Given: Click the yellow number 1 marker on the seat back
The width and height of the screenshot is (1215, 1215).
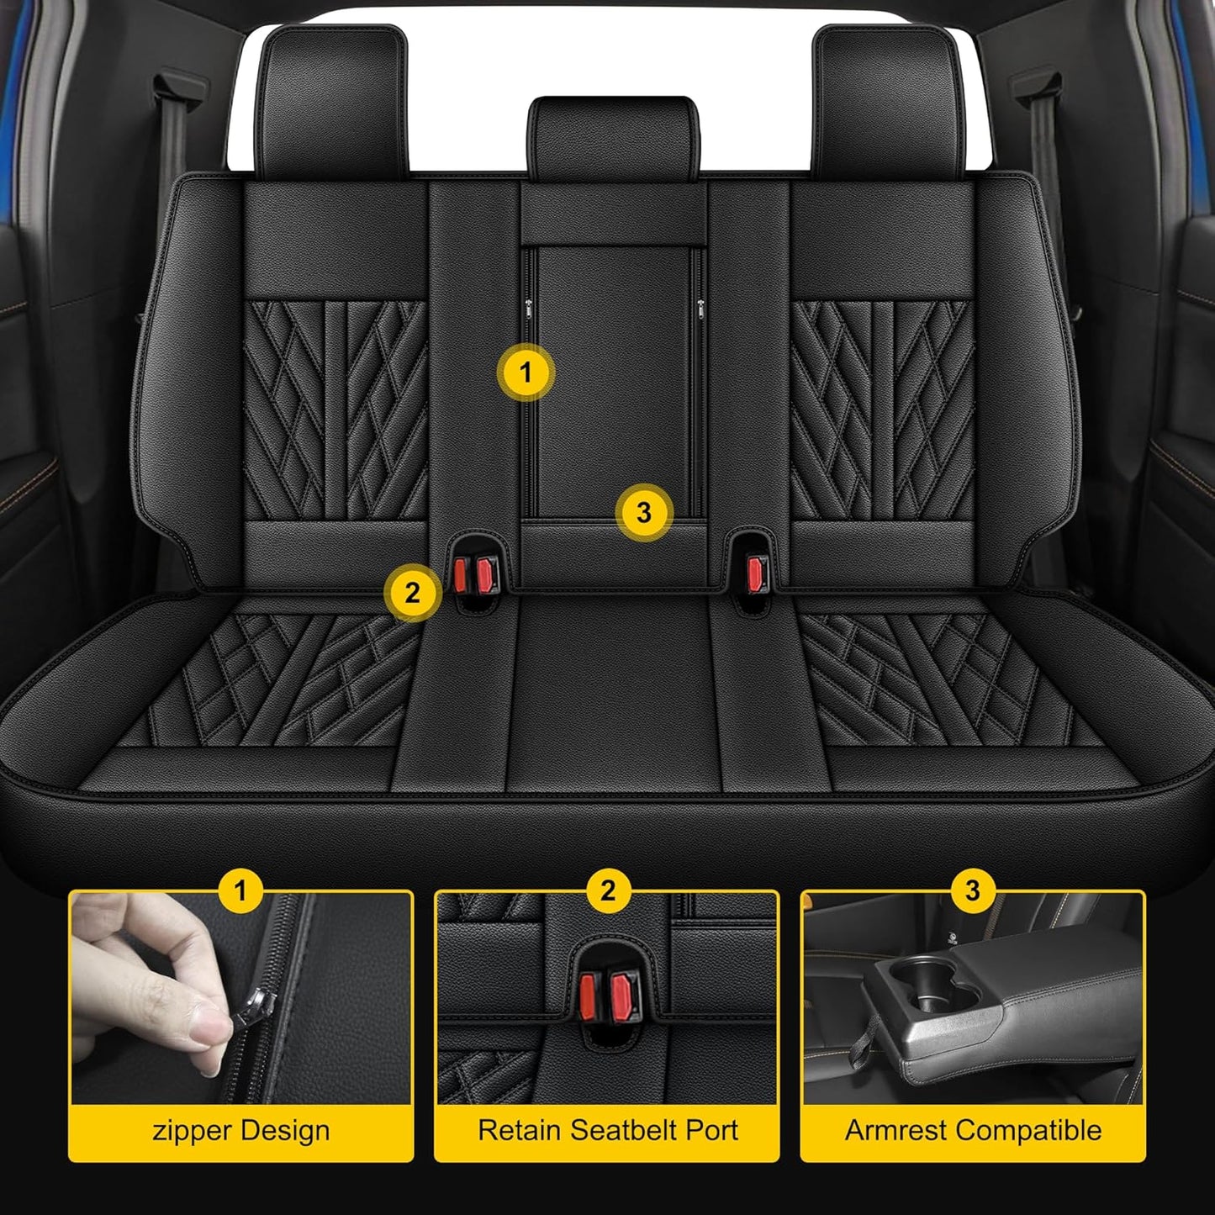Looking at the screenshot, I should pyautogui.click(x=526, y=372).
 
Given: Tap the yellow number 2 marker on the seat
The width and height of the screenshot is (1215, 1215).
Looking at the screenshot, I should pyautogui.click(x=412, y=593).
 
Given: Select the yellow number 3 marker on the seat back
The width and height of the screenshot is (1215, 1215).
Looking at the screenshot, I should pyautogui.click(x=644, y=513).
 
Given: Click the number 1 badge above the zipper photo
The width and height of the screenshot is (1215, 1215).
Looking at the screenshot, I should pyautogui.click(x=241, y=890).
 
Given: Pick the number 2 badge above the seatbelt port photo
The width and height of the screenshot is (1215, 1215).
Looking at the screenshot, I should pyautogui.click(x=608, y=890).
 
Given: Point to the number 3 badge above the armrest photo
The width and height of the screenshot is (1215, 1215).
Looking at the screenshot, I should pyautogui.click(x=973, y=890).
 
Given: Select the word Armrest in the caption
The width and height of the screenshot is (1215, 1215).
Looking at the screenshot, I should pyautogui.click(x=895, y=1130).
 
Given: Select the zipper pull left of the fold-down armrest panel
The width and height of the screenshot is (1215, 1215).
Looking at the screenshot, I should pyautogui.click(x=527, y=307).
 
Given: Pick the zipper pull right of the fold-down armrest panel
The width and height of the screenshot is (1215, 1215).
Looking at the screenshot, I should pyautogui.click(x=700, y=307).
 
